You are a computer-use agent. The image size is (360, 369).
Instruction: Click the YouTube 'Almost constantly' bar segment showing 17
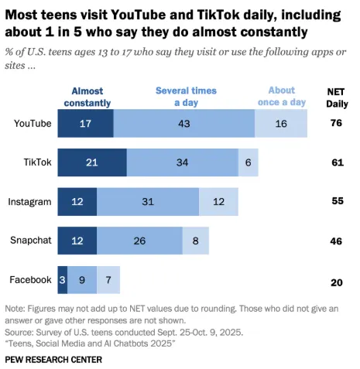click(86, 124)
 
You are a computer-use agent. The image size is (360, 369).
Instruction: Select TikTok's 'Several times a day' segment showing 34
click(182, 162)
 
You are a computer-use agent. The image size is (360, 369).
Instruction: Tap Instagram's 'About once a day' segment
click(218, 202)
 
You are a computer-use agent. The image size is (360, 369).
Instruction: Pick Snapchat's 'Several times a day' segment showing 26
click(139, 241)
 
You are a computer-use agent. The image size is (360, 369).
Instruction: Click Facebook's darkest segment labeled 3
click(63, 279)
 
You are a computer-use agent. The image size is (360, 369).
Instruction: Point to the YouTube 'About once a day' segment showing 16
click(281, 124)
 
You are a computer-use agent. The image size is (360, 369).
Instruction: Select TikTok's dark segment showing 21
click(92, 162)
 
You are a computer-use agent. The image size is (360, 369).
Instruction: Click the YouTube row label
click(33, 124)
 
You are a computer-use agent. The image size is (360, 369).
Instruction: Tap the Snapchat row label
click(32, 241)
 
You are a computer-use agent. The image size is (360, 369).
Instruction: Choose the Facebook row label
click(32, 279)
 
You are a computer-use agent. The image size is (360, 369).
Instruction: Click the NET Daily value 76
click(336, 124)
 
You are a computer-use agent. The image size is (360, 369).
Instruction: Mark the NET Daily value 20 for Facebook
click(336, 282)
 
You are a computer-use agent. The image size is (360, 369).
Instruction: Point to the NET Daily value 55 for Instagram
click(336, 202)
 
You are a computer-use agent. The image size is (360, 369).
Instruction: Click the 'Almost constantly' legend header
click(86, 96)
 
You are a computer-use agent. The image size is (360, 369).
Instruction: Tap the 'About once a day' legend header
click(282, 96)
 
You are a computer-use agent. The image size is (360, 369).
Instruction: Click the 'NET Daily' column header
click(336, 96)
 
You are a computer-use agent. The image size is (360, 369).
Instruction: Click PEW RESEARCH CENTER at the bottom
click(53, 360)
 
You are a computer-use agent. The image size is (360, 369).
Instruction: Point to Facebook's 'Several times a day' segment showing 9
click(82, 279)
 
